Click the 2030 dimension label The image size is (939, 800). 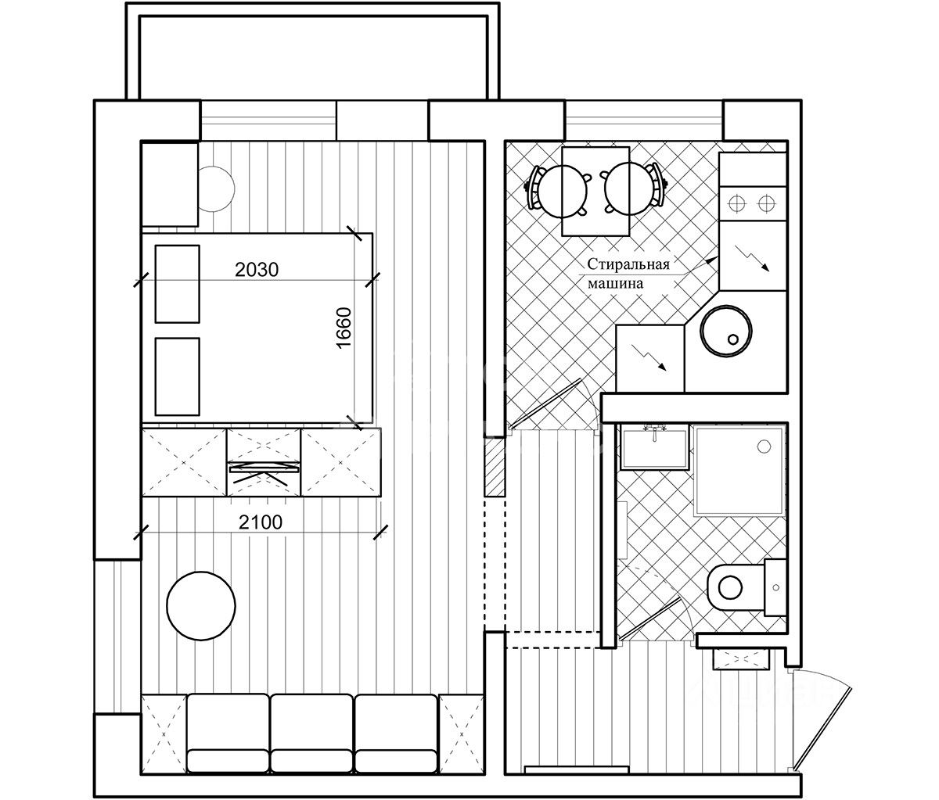point(257,270)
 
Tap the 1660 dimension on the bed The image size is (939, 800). point(344,328)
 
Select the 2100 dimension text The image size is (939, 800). point(261,522)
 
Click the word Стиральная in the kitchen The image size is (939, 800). point(628,264)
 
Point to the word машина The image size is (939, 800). point(616,284)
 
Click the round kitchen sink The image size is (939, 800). point(726,331)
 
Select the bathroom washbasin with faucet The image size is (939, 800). point(654,447)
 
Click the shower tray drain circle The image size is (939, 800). point(764,447)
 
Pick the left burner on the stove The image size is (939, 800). point(737,203)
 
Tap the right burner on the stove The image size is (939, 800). point(766,203)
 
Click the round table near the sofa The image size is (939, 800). point(201,606)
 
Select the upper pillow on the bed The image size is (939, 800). point(177,284)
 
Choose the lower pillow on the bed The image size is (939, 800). point(177,376)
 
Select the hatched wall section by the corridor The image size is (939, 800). point(495,466)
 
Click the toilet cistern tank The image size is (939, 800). point(776,587)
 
